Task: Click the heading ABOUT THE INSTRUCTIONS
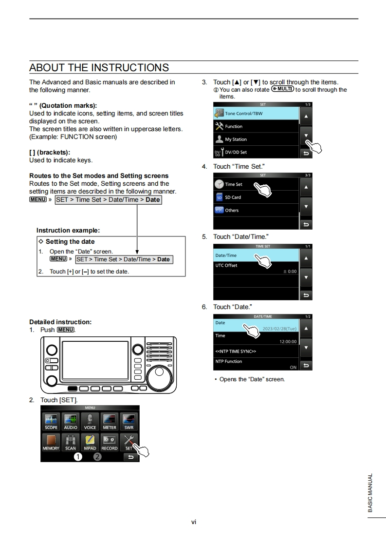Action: click(x=99, y=67)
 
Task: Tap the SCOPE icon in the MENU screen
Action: click(x=51, y=422)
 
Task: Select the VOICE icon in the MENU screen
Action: click(x=90, y=422)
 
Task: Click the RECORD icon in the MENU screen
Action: click(x=110, y=442)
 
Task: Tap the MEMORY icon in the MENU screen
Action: click(x=51, y=442)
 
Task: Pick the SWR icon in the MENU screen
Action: click(x=129, y=422)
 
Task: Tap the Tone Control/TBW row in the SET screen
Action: click(x=256, y=114)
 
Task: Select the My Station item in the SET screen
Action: click(x=256, y=139)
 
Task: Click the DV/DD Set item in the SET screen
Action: click(x=256, y=152)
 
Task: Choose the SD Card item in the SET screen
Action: click(x=256, y=197)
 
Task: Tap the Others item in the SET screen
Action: click(x=256, y=210)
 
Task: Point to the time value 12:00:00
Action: click(x=288, y=342)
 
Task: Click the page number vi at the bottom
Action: click(x=193, y=522)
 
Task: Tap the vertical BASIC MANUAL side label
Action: click(x=370, y=492)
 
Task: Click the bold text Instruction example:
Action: click(x=68, y=230)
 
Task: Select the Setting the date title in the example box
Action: click(x=70, y=241)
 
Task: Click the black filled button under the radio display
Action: click(x=73, y=389)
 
